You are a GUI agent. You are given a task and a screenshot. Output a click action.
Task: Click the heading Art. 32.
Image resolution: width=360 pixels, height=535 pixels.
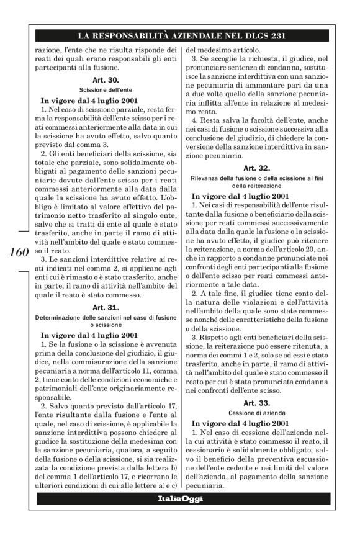pos(256,167)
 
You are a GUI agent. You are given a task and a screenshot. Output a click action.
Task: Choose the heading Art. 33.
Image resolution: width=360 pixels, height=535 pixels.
pos(256,402)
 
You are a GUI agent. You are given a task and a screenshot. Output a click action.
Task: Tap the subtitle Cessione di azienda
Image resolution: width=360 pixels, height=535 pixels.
pos(256,412)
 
